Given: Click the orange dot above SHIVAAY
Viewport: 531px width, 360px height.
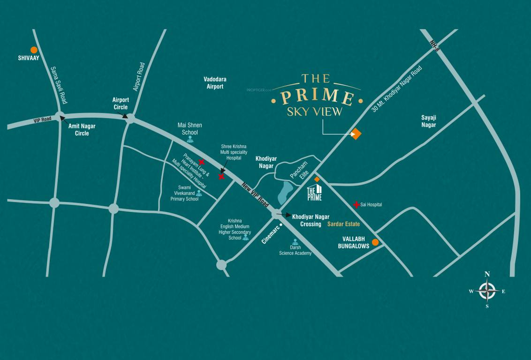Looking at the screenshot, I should pos(34,50).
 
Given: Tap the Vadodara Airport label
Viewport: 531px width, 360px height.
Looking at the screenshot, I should pos(215,83).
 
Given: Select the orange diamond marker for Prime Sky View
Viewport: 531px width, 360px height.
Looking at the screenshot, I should pos(356,134).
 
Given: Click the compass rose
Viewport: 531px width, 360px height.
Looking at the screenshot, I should pos(487,291).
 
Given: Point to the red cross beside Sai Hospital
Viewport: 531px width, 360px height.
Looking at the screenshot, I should pos(357,204).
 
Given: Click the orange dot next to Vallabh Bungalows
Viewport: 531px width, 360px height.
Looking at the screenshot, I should pos(375,242).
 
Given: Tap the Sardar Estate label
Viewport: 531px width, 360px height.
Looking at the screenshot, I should pos(344,224).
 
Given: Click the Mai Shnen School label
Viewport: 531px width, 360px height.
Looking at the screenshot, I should pos(190,129).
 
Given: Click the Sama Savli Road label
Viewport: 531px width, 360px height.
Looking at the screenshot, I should pos(59,85).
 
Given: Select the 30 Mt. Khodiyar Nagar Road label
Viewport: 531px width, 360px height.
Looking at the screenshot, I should pos(396,89).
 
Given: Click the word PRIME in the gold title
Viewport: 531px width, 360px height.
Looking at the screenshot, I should pos(317,96).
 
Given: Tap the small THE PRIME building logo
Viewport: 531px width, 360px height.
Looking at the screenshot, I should pos(314,193).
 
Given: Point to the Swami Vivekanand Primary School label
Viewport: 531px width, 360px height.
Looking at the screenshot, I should pos(184,193).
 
